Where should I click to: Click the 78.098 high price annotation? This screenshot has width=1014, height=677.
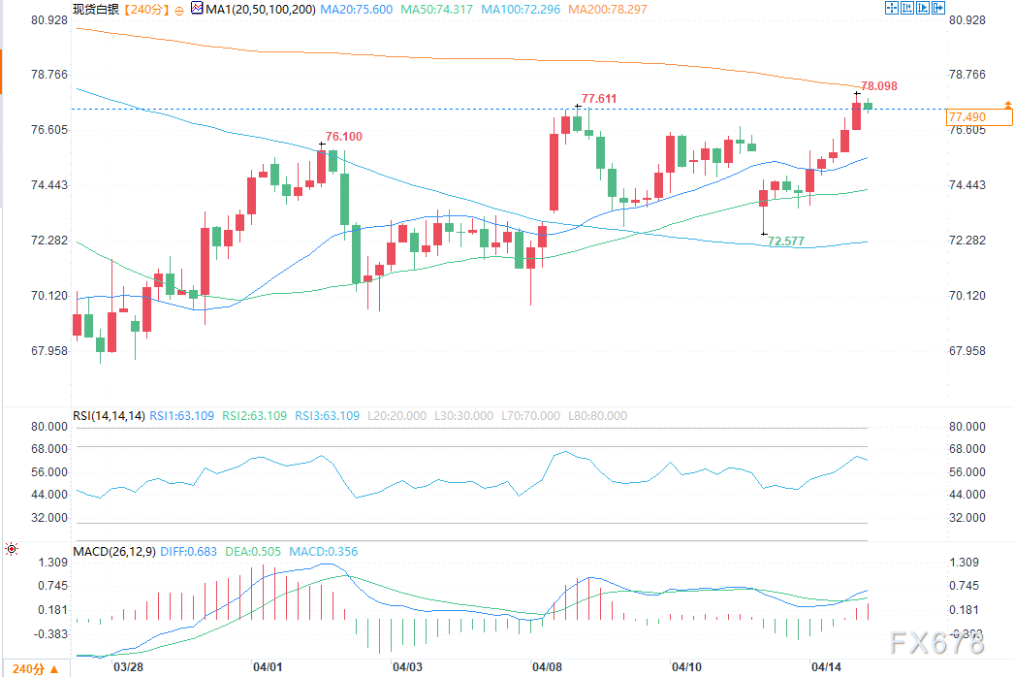[x=878, y=86]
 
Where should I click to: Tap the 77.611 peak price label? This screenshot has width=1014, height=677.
[x=598, y=99]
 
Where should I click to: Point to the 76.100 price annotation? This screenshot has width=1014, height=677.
[x=344, y=137]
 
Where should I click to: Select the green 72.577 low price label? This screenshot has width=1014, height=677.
[x=786, y=241]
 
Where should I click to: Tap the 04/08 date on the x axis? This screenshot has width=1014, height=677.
[x=547, y=667]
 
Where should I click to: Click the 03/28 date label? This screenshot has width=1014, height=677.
[x=128, y=667]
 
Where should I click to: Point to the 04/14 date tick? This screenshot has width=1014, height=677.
[x=826, y=667]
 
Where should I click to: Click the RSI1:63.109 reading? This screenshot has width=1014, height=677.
[x=183, y=416]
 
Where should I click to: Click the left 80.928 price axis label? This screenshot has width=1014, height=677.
[x=31, y=20]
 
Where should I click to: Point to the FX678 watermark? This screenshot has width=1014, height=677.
[x=936, y=642]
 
